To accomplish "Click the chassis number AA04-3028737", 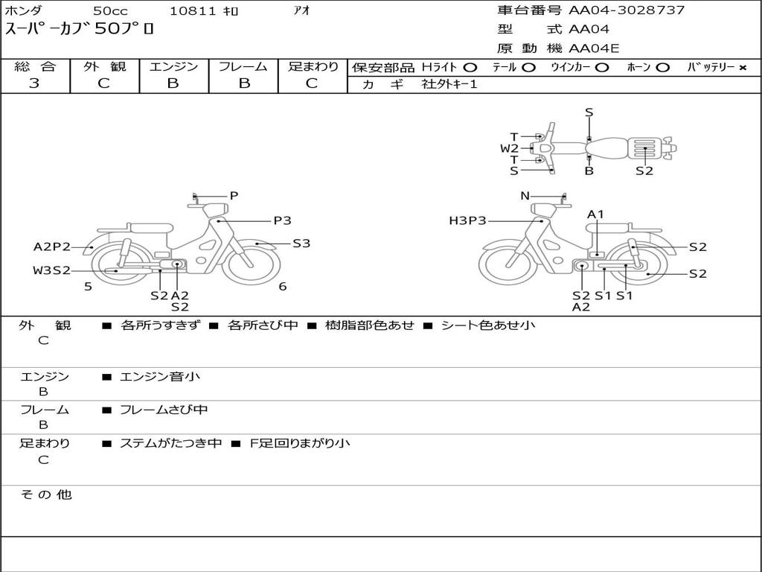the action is point(627,10).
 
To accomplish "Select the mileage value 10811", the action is point(193,10).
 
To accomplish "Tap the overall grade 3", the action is point(34,83).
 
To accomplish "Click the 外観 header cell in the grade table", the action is point(104,66).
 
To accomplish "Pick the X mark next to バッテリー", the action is point(743,68).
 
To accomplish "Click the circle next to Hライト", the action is point(470,68).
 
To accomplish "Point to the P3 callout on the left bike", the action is point(282,220).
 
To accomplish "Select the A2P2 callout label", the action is point(51,247).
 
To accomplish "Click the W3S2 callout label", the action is point(51,270).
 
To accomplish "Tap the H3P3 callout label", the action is point(467,220).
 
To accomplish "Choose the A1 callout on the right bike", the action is point(595,214).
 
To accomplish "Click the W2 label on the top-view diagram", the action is point(509,148).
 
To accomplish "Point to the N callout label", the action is point(525,196).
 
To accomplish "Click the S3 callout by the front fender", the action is point(301,244).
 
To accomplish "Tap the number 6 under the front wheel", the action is point(282,287).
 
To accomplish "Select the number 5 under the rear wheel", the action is point(88,287).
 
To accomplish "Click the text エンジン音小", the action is point(160,376).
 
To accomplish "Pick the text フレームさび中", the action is point(164,410).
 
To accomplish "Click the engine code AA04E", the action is point(594,48).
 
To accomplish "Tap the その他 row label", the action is point(45,495).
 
